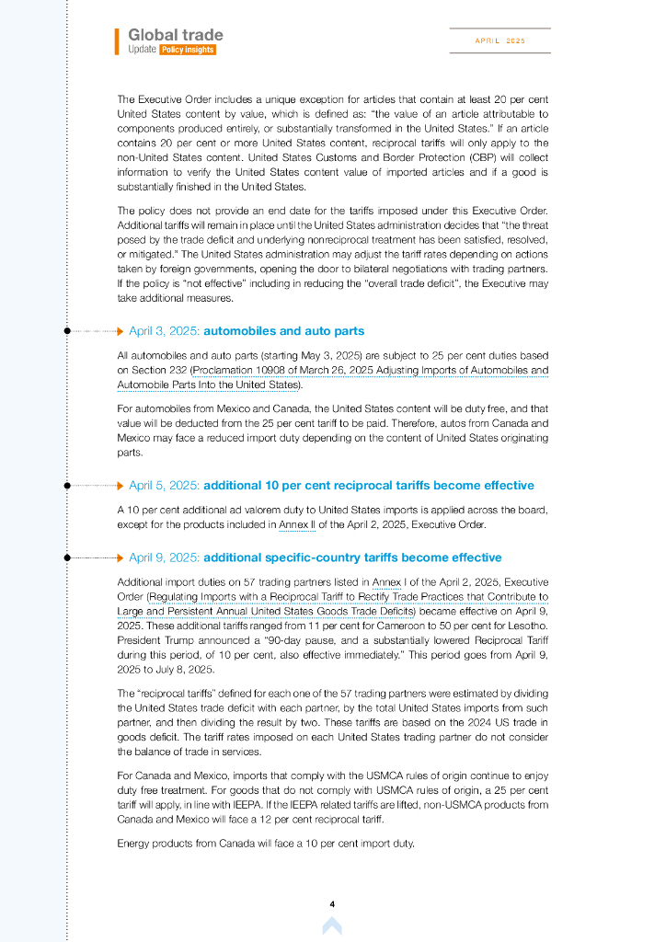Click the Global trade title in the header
pos(175,35)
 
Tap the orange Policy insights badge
pos(188,50)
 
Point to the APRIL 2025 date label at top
pos(499,40)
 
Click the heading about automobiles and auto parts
pos(283,331)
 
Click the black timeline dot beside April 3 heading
pos(66,331)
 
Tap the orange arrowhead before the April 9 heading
pos(121,557)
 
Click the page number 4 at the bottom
pos(332,904)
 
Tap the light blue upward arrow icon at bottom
pos(332,925)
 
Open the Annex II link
pos(296,525)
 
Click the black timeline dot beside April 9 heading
pos(66,557)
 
